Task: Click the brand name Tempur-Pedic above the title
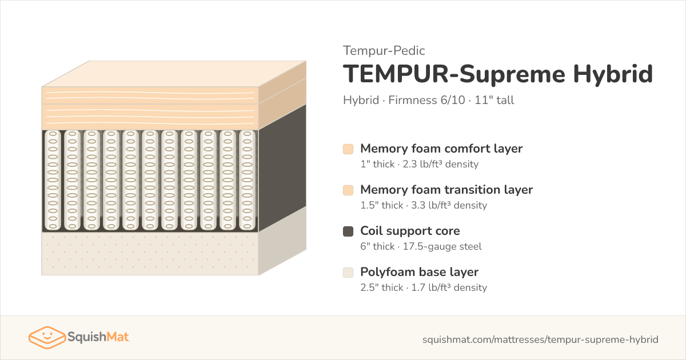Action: pyautogui.click(x=384, y=50)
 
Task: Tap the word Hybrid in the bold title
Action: pyautogui.click(x=613, y=74)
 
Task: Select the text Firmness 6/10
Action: pyautogui.click(x=426, y=100)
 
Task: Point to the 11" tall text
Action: pyautogui.click(x=494, y=100)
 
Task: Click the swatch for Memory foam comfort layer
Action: pyautogui.click(x=348, y=149)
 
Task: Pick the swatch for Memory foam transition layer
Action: pyautogui.click(x=348, y=190)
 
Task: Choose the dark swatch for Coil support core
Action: pyautogui.click(x=348, y=231)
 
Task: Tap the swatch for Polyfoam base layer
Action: pyautogui.click(x=348, y=273)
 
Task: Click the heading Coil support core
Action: pyautogui.click(x=410, y=231)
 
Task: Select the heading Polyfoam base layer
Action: pyautogui.click(x=419, y=272)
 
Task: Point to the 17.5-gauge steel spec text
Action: pyautogui.click(x=442, y=246)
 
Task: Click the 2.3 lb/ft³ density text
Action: pyautogui.click(x=441, y=164)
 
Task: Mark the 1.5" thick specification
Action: pyautogui.click(x=382, y=205)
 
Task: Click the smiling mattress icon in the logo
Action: pyautogui.click(x=47, y=337)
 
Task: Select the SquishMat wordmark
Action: pyautogui.click(x=98, y=337)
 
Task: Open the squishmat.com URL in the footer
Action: pyautogui.click(x=540, y=339)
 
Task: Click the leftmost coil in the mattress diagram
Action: pyautogui.click(x=53, y=181)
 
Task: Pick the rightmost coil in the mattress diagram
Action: pyautogui.click(x=247, y=181)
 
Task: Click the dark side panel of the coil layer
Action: pyautogui.click(x=282, y=168)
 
